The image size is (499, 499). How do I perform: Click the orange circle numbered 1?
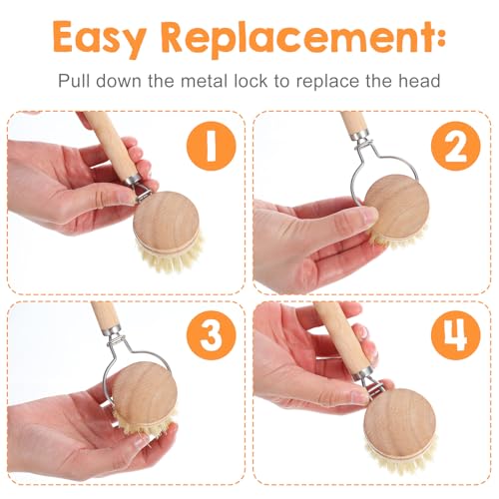tap(212, 147)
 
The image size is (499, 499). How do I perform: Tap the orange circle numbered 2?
tap(456, 147)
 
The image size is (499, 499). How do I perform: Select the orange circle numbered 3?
tap(212, 335)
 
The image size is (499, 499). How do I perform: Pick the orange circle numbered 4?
tap(456, 335)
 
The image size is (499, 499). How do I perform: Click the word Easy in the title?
tap(100, 39)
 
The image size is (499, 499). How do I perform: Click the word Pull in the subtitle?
tap(74, 81)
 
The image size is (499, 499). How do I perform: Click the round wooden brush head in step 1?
tap(167, 223)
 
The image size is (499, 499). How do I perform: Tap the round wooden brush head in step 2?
tap(396, 207)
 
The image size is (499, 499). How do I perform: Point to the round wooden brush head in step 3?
tap(145, 394)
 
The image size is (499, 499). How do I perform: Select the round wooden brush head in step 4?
tap(399, 422)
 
